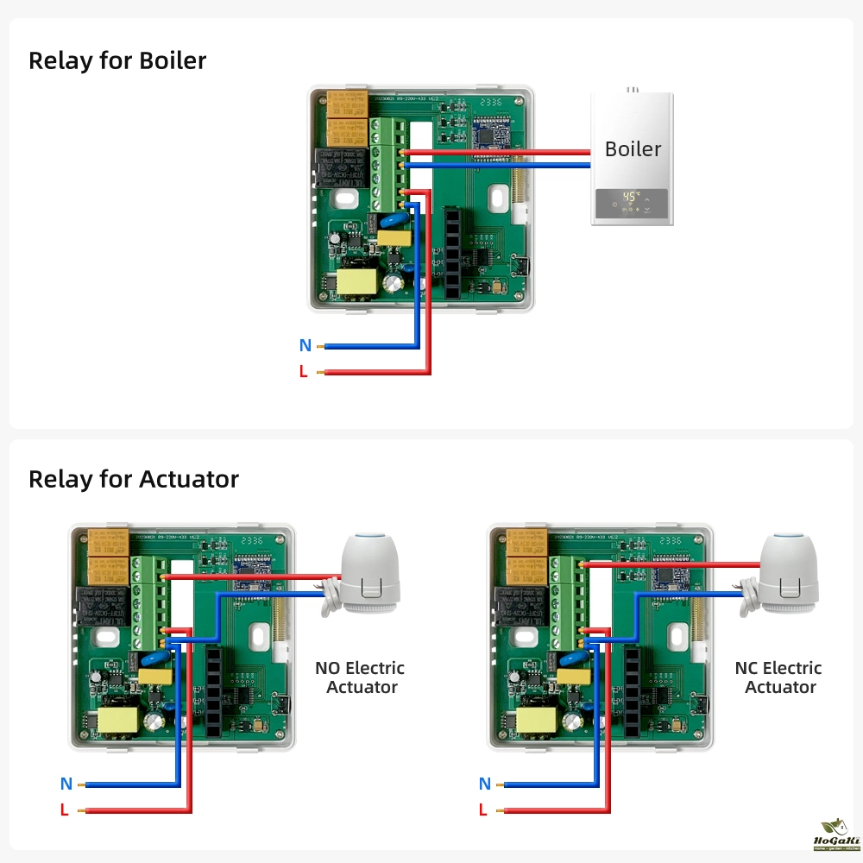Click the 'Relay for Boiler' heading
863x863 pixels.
117,61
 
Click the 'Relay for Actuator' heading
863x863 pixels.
134,479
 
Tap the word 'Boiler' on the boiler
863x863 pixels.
633,148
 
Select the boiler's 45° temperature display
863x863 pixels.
631,197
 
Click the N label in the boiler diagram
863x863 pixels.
305,346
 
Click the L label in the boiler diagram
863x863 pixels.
303,372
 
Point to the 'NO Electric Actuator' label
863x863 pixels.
359,677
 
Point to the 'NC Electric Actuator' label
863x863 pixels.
778,677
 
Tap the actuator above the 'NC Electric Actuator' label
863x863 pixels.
783,573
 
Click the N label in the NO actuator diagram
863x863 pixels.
66,784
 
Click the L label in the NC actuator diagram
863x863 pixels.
483,809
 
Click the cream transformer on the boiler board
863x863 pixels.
356,283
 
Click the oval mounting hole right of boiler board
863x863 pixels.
499,198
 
